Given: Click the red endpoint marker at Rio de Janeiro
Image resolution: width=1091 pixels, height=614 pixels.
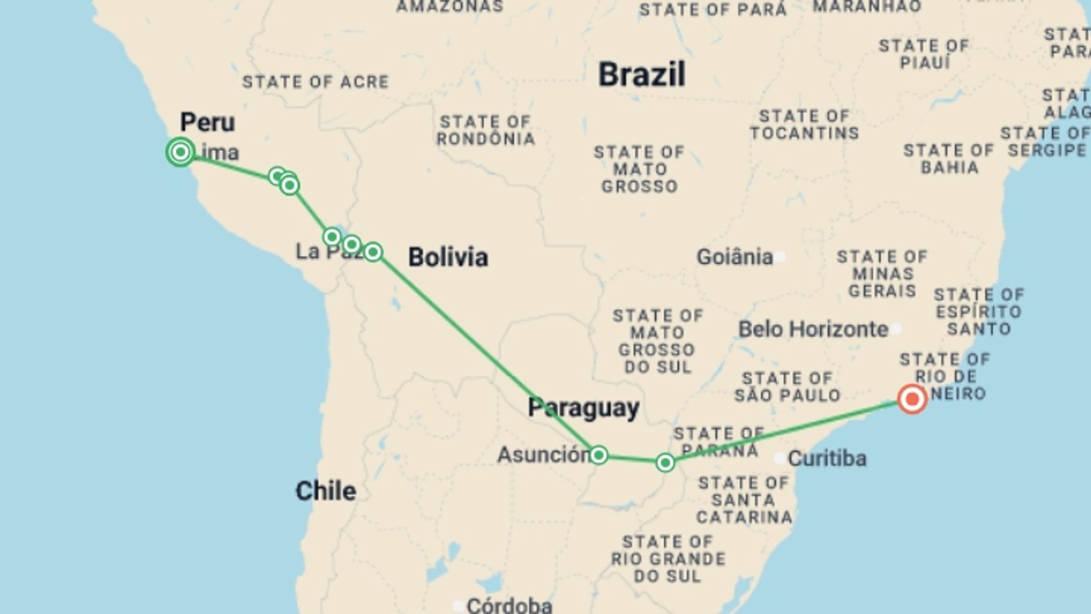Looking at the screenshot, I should pyautogui.click(x=912, y=399).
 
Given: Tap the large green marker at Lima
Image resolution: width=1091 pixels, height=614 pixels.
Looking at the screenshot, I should pyautogui.click(x=181, y=152).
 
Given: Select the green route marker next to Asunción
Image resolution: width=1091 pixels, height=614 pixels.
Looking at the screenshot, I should pyautogui.click(x=598, y=455).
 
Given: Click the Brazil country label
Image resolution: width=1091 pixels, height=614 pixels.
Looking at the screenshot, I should pyautogui.click(x=642, y=75).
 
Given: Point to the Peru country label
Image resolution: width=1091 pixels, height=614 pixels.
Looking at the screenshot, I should pyautogui.click(x=207, y=122).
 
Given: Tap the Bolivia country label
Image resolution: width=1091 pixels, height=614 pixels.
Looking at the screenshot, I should pyautogui.click(x=448, y=258).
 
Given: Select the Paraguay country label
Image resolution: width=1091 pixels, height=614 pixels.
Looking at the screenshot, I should pyautogui.click(x=584, y=408).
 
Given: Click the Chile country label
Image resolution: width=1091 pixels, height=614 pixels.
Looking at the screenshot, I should pyautogui.click(x=326, y=491).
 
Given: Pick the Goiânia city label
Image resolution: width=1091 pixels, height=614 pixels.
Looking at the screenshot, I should pyautogui.click(x=735, y=258).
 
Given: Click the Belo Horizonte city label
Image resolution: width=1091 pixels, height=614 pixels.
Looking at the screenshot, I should pyautogui.click(x=813, y=329).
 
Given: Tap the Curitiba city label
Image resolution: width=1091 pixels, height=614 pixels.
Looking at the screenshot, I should pyautogui.click(x=827, y=459).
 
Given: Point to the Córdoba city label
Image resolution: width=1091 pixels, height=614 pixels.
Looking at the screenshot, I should pyautogui.click(x=509, y=605).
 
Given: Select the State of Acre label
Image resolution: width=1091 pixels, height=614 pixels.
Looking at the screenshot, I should pyautogui.click(x=315, y=82).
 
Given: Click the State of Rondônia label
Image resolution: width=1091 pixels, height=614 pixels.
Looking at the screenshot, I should pyautogui.click(x=485, y=131).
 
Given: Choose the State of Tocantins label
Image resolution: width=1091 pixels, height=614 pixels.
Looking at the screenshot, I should pyautogui.click(x=804, y=125).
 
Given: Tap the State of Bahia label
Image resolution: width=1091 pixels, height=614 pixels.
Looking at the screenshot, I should pyautogui.click(x=949, y=159).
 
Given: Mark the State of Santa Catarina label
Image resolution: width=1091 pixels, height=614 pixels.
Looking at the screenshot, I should pyautogui.click(x=744, y=500).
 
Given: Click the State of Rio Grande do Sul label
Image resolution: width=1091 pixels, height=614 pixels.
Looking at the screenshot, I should pyautogui.click(x=668, y=559).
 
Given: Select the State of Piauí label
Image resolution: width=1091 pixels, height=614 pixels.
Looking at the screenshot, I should pyautogui.click(x=924, y=54).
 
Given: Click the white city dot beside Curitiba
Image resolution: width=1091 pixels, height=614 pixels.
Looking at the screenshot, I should pyautogui.click(x=780, y=458).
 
